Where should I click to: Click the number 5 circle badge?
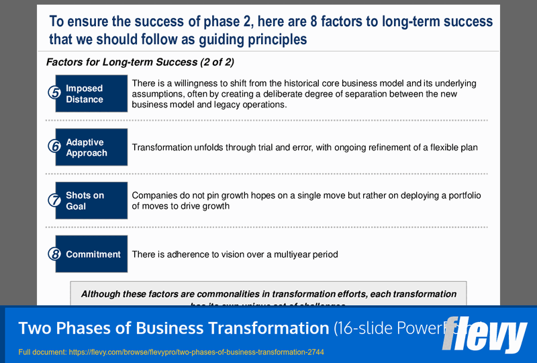tap(54, 93)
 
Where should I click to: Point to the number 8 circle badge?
tap(54, 254)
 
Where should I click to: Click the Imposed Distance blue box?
tap(91, 93)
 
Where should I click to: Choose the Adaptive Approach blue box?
tap(91, 147)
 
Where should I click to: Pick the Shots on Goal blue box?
tap(91, 201)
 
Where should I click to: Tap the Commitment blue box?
tap(92, 254)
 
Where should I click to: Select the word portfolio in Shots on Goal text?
tap(464, 196)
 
